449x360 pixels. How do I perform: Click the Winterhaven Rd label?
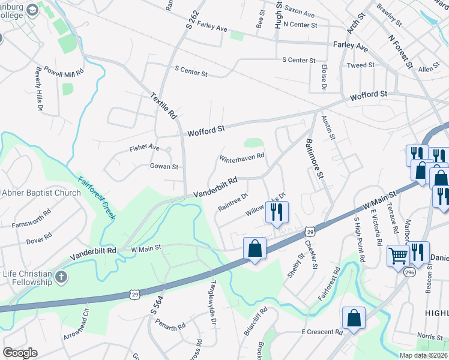coord(242,157)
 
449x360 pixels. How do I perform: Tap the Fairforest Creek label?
coord(95,197)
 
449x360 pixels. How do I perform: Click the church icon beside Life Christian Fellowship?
coord(60,277)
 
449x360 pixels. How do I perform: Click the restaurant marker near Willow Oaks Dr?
coord(277,212)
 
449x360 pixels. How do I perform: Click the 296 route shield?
coord(409,271)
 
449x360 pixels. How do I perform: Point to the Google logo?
coord(20,353)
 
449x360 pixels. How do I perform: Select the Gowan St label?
coord(164,167)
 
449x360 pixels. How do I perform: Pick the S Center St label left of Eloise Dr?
coord(298,61)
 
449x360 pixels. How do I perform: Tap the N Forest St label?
coord(401,51)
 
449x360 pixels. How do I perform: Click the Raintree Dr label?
coord(234,202)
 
